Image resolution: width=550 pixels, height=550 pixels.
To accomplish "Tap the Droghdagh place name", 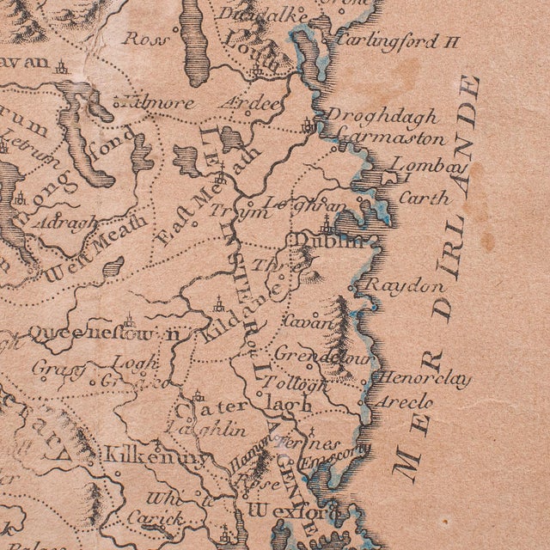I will pos(384,117).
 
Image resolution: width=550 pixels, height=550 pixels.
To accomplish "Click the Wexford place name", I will pos(278,510).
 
